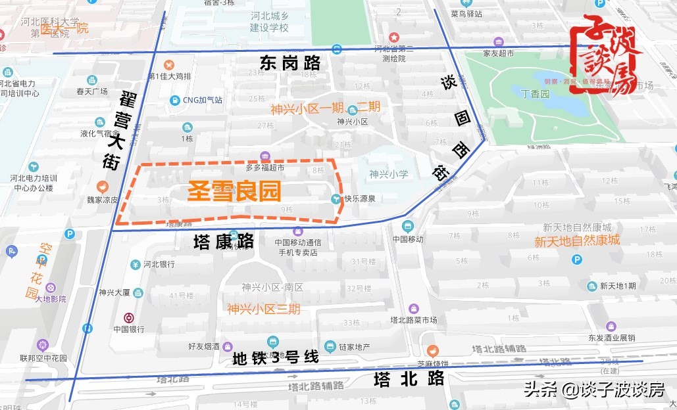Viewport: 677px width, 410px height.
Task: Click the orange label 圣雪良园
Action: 235,191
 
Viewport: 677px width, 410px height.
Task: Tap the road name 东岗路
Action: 290,63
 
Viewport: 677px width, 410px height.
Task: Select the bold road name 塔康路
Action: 224,241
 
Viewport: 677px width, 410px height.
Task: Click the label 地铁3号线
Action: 276,358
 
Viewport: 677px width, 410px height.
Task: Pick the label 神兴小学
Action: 388,174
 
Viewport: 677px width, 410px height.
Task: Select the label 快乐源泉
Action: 359,198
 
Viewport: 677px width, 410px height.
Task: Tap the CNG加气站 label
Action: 202,101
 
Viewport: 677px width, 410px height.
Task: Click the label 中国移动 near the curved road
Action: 408,239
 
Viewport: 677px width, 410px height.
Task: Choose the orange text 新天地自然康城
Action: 576,240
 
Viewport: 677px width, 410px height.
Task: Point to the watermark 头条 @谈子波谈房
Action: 593,390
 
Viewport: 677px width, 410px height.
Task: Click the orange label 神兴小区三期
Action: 263,309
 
